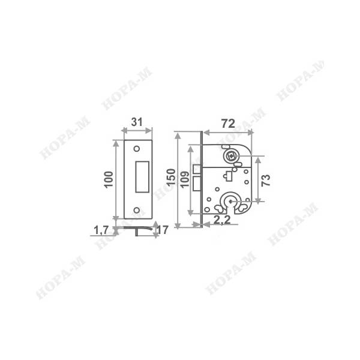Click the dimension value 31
click(137, 122)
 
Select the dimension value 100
click(109, 179)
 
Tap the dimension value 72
click(228, 124)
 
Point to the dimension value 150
click(171, 177)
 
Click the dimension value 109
click(185, 179)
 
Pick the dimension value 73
click(266, 180)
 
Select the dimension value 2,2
click(222, 220)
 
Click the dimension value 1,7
click(101, 230)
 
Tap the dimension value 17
click(163, 230)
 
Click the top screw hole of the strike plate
click(137, 149)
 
